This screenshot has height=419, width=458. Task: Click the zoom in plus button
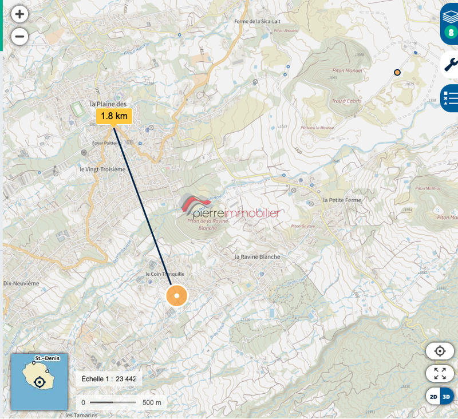pyautogui.click(x=19, y=14)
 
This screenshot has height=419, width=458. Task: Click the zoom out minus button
pyautogui.click(x=19, y=37)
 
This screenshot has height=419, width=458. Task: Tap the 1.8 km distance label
pyautogui.click(x=114, y=116)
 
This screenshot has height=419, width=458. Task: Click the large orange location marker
pyautogui.click(x=177, y=296)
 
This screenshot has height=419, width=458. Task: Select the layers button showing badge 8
pyautogui.click(x=449, y=23)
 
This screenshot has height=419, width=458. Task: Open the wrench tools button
pyautogui.click(x=451, y=65)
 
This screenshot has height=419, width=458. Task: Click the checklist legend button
pyautogui.click(x=450, y=99)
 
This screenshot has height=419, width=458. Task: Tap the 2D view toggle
pyautogui.click(x=434, y=396)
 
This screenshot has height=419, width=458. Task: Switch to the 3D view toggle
pyautogui.click(x=447, y=396)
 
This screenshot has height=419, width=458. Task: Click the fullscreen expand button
pyautogui.click(x=440, y=374)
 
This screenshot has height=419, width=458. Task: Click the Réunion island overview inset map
pyautogui.click(x=40, y=381)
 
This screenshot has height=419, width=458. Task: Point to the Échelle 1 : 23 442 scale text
pyautogui.click(x=109, y=379)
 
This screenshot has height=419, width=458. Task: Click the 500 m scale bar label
pyautogui.click(x=152, y=402)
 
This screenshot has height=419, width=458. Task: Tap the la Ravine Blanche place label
pyautogui.click(x=258, y=257)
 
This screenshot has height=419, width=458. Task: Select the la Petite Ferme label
pyautogui.click(x=344, y=200)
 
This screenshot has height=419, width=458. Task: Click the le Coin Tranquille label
pyautogui.click(x=165, y=274)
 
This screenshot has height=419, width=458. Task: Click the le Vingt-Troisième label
pyautogui.click(x=102, y=169)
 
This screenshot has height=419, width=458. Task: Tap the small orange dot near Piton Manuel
pyautogui.click(x=397, y=73)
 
